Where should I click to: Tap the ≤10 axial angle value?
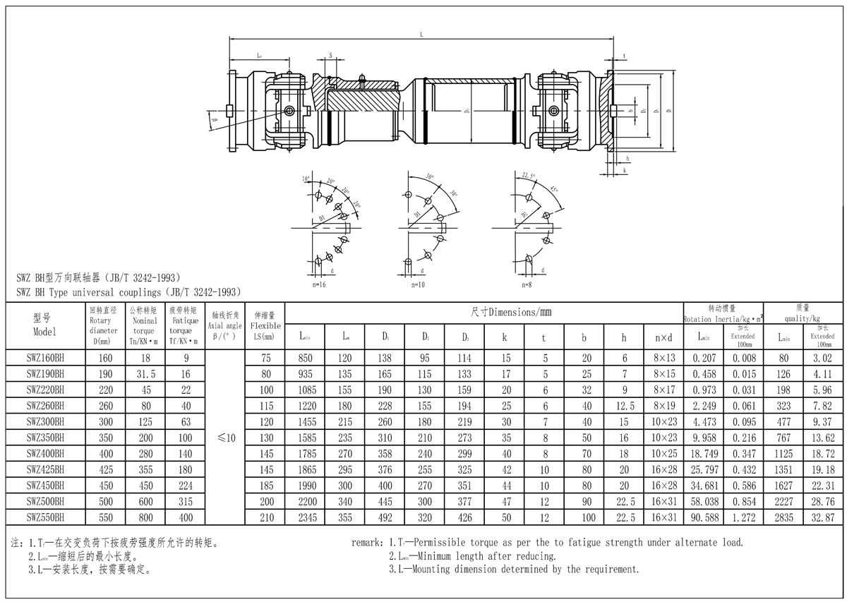(227, 438)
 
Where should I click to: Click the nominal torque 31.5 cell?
(144, 374)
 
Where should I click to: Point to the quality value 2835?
(784, 517)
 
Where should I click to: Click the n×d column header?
(663, 337)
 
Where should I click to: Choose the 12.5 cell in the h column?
(624, 406)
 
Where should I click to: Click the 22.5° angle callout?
(528, 175)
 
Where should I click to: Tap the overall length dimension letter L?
(421, 33)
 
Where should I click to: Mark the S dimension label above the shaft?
(330, 54)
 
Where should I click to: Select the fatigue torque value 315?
(185, 501)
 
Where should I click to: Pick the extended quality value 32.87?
(824, 517)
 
